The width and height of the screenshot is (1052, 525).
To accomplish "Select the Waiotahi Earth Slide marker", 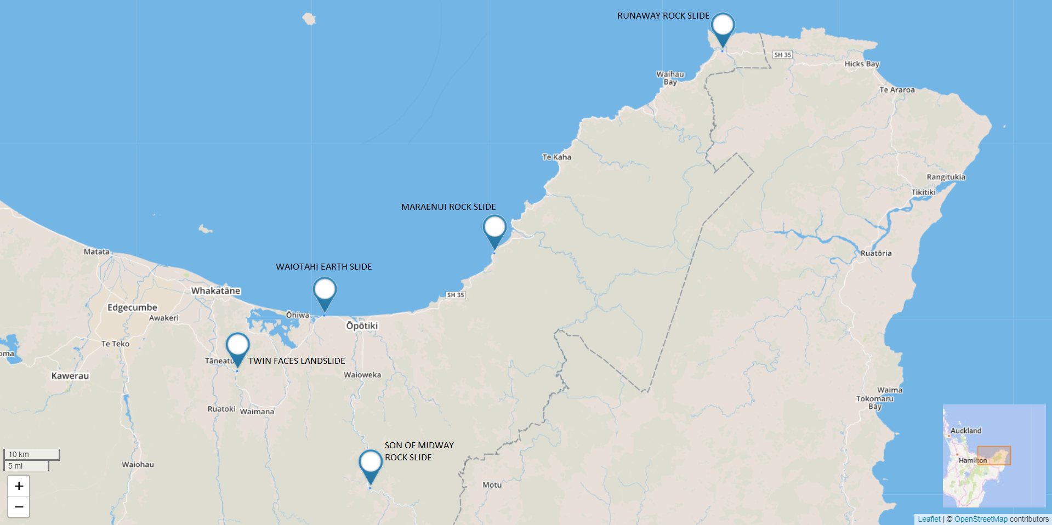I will click(x=325, y=290).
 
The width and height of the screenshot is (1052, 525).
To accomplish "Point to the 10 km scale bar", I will click(x=32, y=454).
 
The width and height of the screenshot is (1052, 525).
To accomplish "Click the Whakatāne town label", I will click(x=215, y=290).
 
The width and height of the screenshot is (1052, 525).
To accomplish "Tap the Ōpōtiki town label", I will click(x=362, y=326).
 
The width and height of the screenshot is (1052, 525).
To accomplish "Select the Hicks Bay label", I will click(x=862, y=64).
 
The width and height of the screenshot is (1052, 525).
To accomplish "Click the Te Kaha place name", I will click(x=556, y=157).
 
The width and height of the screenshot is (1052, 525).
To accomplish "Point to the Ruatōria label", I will click(x=875, y=253).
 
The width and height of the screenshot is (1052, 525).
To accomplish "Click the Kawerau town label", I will click(x=70, y=376).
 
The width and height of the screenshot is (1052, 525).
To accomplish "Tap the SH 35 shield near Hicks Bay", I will click(x=782, y=55).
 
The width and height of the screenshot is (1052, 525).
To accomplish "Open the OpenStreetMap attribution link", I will click(x=980, y=519).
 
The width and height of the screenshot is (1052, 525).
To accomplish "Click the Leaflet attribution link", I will click(x=929, y=519).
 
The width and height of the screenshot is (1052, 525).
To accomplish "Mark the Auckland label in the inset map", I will click(x=966, y=431).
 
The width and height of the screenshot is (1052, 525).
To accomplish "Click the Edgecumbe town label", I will click(x=132, y=307).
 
